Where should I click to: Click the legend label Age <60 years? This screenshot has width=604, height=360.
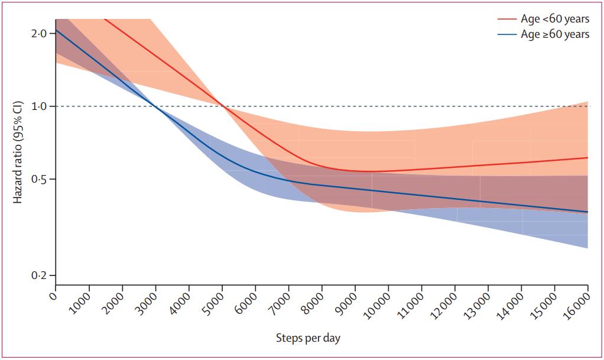click(554, 19)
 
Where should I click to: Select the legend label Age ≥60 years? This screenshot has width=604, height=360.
click(554, 34)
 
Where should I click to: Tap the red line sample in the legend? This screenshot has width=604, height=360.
click(506, 19)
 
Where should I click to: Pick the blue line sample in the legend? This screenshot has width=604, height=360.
click(506, 34)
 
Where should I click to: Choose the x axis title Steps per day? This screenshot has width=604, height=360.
click(308, 338)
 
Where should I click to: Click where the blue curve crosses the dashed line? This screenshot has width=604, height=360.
click(155, 106)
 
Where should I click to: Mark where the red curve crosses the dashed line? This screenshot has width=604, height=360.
click(222, 106)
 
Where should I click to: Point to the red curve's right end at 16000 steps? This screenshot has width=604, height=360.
click(587, 158)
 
